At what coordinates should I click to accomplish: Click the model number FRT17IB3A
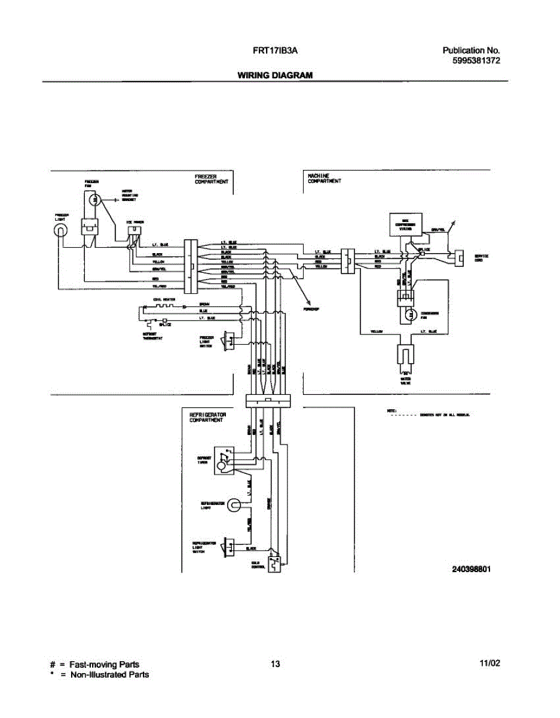click(276, 51)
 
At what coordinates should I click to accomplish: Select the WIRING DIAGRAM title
click(275, 75)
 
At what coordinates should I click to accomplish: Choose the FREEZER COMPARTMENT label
click(211, 179)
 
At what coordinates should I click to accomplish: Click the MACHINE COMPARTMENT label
click(324, 179)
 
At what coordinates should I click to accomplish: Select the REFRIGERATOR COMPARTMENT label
click(207, 417)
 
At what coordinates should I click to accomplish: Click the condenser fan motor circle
click(411, 314)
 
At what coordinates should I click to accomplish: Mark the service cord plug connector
click(458, 257)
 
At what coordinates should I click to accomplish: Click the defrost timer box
click(224, 460)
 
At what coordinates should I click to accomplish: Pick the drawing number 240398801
click(472, 569)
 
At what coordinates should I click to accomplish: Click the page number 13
click(275, 664)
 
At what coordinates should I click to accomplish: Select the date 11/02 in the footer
click(489, 664)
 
